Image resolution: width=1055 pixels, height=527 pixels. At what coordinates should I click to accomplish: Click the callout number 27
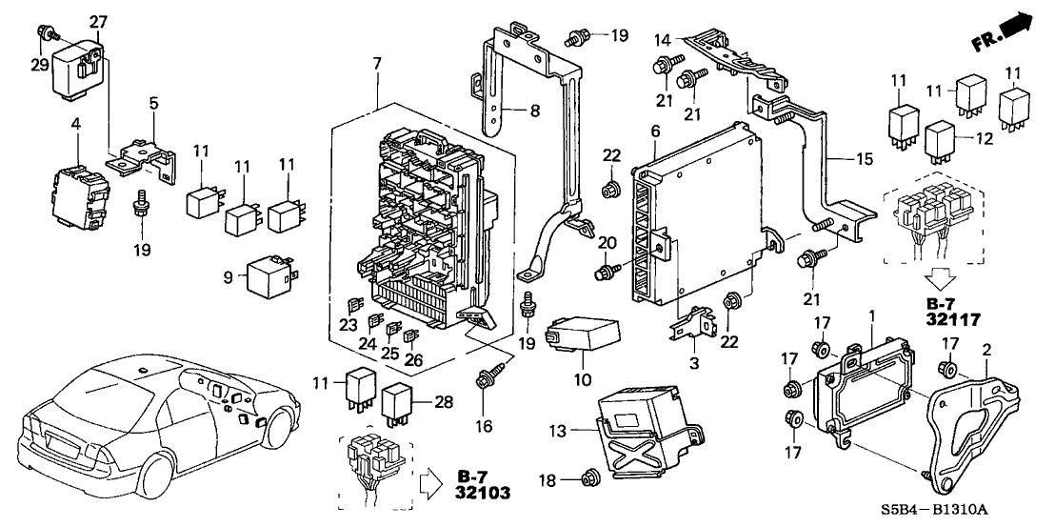pyautogui.click(x=99, y=21)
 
